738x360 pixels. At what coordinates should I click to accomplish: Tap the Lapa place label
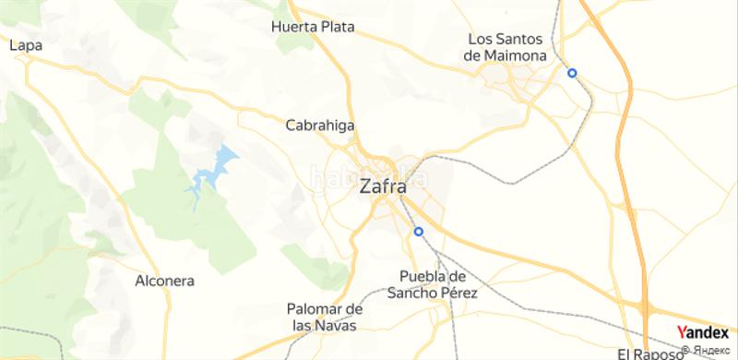tap(22, 43)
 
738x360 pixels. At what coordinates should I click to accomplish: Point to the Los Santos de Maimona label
tap(507, 47)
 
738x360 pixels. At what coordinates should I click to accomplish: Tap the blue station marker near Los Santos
tap(572, 73)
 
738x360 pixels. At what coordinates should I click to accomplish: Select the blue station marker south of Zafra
tap(418, 232)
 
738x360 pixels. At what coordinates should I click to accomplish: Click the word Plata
tap(338, 27)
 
